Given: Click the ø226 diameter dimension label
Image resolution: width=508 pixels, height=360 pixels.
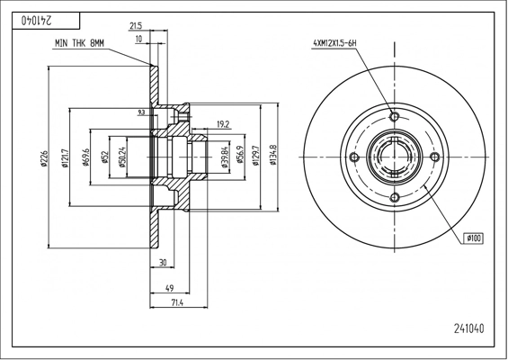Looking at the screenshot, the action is click(x=44, y=158).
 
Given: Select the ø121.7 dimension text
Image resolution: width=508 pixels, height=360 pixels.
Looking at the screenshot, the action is click(x=66, y=157).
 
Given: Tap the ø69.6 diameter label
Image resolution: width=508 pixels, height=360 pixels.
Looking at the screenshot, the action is click(x=85, y=157).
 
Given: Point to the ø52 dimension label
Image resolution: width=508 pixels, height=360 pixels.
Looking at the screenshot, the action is click(x=105, y=157).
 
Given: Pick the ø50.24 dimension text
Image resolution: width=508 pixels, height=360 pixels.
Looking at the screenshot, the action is click(x=122, y=157).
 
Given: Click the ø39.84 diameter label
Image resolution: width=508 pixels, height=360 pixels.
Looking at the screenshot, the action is click(x=226, y=157).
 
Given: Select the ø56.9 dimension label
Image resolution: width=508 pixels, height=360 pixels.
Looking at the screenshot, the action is click(x=240, y=155).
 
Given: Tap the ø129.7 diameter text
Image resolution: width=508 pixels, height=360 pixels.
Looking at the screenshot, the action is click(x=256, y=156).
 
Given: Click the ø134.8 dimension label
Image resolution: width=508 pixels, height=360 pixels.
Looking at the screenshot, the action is click(x=273, y=156).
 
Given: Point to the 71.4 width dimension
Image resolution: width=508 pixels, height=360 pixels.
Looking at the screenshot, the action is click(x=177, y=303).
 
